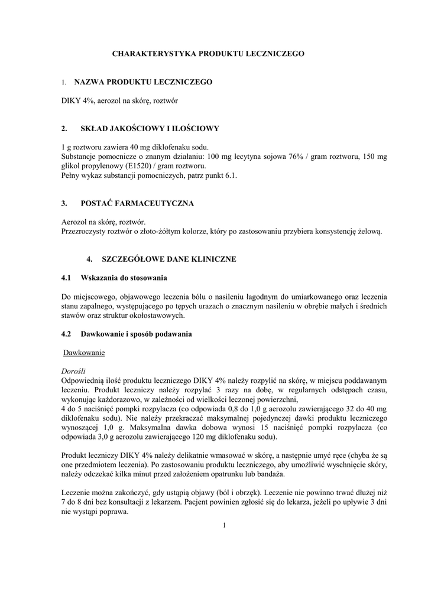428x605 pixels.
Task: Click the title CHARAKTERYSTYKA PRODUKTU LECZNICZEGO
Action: coord(209,53)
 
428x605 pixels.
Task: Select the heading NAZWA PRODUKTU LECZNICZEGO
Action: coord(143,82)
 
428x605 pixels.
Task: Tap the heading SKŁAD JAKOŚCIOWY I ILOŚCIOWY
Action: coord(150,128)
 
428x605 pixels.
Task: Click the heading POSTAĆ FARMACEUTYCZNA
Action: coord(137,203)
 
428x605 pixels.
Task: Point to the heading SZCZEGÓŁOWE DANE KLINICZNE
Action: coord(169,259)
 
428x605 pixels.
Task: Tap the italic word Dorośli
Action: coord(74,371)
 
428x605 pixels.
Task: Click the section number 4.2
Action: coord(66,334)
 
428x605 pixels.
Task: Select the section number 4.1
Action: coord(66,277)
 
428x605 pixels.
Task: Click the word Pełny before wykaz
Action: coord(72,175)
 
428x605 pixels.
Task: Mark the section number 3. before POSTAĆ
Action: coord(64,203)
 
